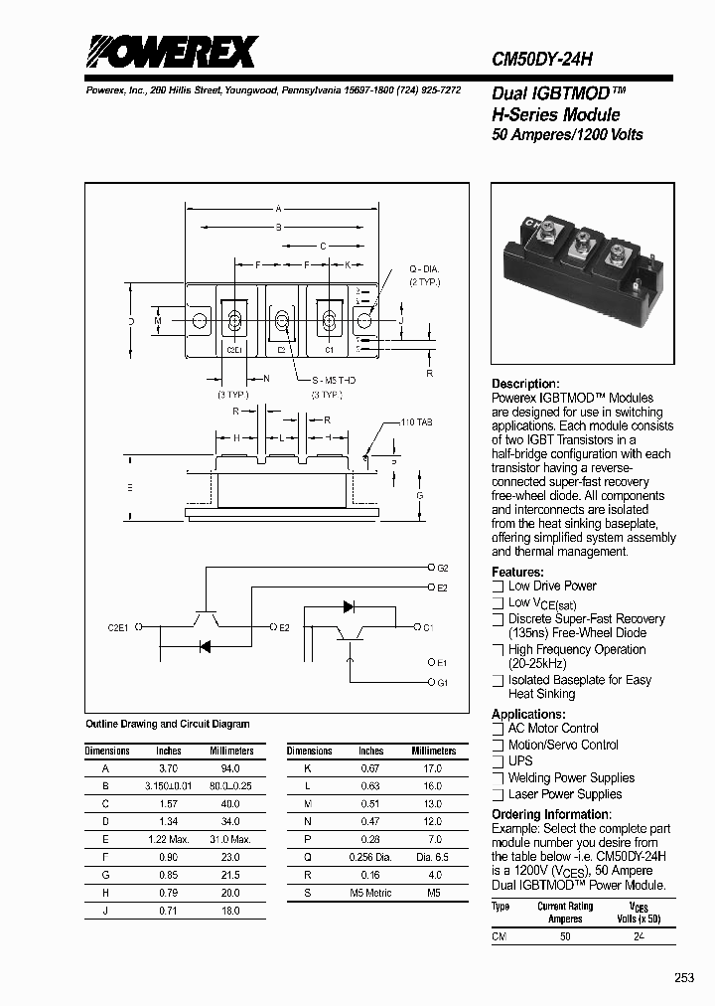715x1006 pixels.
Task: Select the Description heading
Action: tap(525, 384)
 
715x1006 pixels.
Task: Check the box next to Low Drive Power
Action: tap(499, 587)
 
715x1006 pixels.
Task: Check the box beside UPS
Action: tap(499, 761)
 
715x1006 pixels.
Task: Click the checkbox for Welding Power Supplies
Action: tap(499, 778)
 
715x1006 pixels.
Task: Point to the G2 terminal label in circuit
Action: tap(443, 568)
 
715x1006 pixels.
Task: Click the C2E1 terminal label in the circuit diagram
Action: tap(119, 627)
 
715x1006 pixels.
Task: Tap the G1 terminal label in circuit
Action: tap(443, 683)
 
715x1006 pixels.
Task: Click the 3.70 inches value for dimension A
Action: tap(168, 768)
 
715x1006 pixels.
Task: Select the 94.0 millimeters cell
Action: tap(229, 768)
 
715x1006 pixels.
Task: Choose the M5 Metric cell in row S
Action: tap(370, 893)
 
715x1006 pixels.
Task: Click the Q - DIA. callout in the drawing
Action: tap(424, 270)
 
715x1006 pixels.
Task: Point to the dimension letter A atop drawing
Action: tap(279, 209)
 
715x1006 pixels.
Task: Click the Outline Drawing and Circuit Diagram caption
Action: tap(168, 724)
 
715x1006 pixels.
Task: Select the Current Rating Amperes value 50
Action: tap(565, 936)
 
